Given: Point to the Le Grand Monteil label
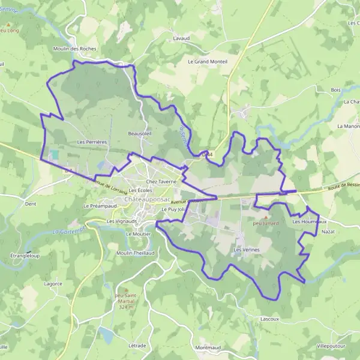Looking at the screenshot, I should (208, 61).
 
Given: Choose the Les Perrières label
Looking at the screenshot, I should (92, 142).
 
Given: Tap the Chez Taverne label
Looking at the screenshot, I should (161, 181).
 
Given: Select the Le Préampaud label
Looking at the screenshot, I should (100, 206).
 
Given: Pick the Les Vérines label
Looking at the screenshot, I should (246, 249).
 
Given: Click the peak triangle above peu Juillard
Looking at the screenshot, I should (266, 217).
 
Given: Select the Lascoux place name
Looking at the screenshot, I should (270, 319).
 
